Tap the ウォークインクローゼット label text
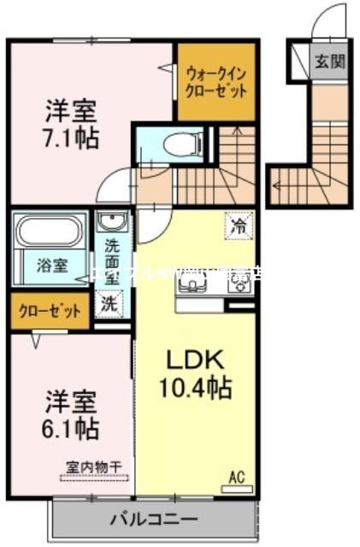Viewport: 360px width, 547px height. click(x=216, y=81)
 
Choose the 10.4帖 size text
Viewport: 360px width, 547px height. click(x=196, y=389)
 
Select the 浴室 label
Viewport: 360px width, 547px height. click(x=48, y=265)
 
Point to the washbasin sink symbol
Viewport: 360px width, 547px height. click(x=111, y=224)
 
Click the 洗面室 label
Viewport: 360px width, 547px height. click(x=112, y=260)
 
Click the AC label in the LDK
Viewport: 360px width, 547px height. click(x=236, y=478)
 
